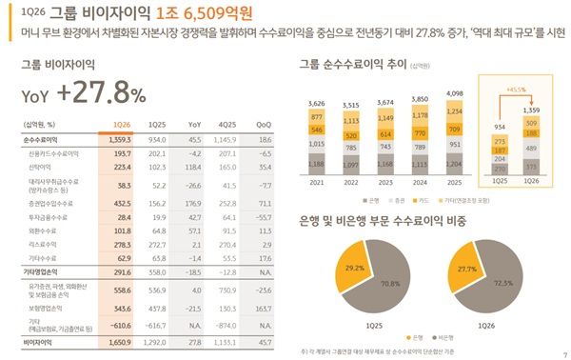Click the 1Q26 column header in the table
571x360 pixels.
click(x=121, y=125)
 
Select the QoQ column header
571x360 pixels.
click(x=263, y=125)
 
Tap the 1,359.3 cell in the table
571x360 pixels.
click(x=121, y=139)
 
